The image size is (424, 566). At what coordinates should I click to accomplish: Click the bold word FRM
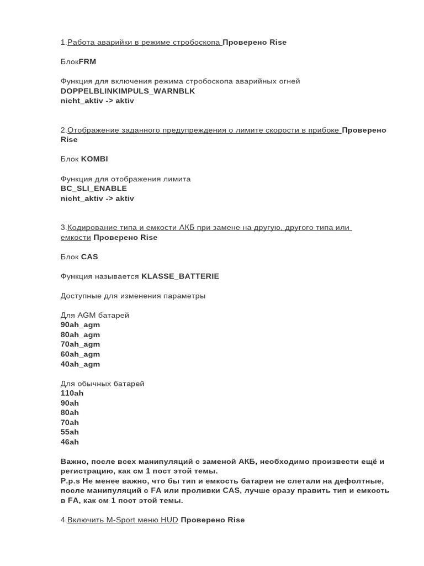(x=87, y=62)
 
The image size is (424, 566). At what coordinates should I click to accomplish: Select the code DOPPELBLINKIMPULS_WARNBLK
(x=128, y=91)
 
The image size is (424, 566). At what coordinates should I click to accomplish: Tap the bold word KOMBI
(x=94, y=159)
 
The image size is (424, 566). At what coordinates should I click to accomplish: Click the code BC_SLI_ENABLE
(x=94, y=188)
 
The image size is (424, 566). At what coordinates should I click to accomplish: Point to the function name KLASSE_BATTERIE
(x=180, y=276)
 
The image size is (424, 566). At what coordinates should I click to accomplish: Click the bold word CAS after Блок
(x=89, y=257)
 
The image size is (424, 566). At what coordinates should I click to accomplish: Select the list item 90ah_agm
(x=80, y=325)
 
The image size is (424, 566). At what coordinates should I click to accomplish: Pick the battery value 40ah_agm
(x=80, y=364)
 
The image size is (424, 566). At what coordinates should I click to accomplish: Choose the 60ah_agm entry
(x=80, y=354)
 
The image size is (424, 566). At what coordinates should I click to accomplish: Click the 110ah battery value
(x=72, y=394)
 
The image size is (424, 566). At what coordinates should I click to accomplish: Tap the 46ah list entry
(x=70, y=442)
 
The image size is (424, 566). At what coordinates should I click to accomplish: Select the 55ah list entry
(x=70, y=432)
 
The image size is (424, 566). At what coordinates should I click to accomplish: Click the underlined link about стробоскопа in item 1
(x=144, y=43)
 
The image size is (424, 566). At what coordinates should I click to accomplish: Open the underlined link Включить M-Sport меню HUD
(x=123, y=520)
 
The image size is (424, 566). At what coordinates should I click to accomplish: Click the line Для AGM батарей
(x=95, y=316)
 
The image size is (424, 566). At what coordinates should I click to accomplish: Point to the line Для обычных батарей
(x=102, y=384)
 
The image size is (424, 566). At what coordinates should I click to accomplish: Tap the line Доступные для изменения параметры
(x=133, y=296)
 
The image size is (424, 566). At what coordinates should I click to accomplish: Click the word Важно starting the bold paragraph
(x=73, y=462)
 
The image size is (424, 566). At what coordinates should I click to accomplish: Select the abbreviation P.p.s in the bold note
(x=70, y=481)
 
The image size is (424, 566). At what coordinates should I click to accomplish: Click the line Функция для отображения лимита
(x=125, y=179)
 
